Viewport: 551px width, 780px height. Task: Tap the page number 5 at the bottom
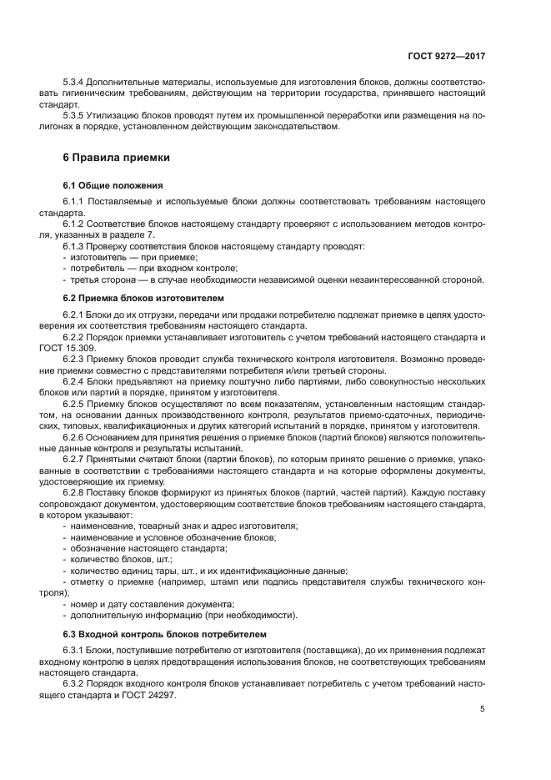[482, 709]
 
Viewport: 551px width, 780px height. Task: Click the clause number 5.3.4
[76, 83]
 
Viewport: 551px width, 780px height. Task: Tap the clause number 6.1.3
[76, 246]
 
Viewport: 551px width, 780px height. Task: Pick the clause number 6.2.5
[76, 404]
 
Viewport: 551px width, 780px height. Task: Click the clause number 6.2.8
[76, 493]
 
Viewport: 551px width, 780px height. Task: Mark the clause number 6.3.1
[76, 650]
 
